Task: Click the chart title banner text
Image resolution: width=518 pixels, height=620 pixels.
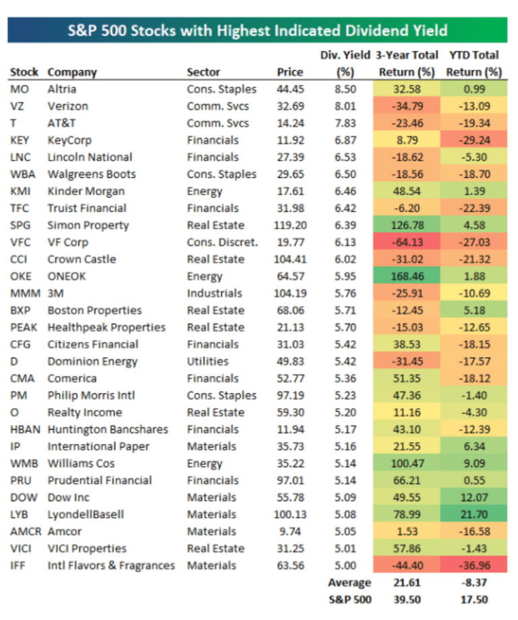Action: coord(258,30)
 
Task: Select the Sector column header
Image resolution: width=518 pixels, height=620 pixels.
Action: coord(203,72)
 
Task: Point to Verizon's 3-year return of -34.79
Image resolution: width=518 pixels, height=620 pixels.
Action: coord(405,106)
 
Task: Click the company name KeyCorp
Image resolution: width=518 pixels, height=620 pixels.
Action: coord(69,140)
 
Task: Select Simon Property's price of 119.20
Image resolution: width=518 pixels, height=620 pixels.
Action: coord(289,225)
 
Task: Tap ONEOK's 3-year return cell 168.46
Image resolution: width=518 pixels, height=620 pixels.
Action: coord(405,277)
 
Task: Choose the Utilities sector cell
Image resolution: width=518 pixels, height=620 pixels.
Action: coord(207,362)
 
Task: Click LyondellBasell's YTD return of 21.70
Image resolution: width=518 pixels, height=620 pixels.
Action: coord(473,515)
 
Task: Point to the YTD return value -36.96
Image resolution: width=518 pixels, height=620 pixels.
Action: coord(473,565)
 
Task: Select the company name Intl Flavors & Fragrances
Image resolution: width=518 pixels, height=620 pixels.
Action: coord(111,565)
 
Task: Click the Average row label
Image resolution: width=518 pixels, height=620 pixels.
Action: coord(349,583)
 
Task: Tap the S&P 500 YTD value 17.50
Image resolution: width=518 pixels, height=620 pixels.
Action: coord(473,599)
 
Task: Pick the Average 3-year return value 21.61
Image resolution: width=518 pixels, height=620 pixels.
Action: coord(405,583)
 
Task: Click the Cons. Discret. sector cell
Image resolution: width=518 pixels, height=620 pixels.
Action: coord(222,242)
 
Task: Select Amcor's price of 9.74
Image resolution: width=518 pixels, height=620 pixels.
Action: coord(289,532)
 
